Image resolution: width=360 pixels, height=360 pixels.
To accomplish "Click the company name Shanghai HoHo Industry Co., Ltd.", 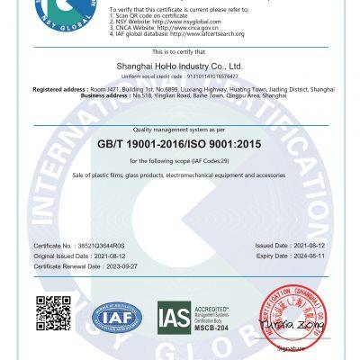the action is pos(180,66).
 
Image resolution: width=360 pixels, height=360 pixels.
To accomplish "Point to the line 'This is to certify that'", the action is pos(180,53).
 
